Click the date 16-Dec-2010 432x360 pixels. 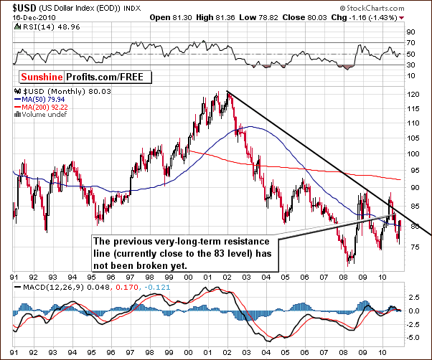coord(26,16)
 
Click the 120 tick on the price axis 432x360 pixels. coord(410,95)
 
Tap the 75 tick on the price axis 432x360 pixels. coord(408,246)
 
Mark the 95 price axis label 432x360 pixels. coord(408,170)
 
